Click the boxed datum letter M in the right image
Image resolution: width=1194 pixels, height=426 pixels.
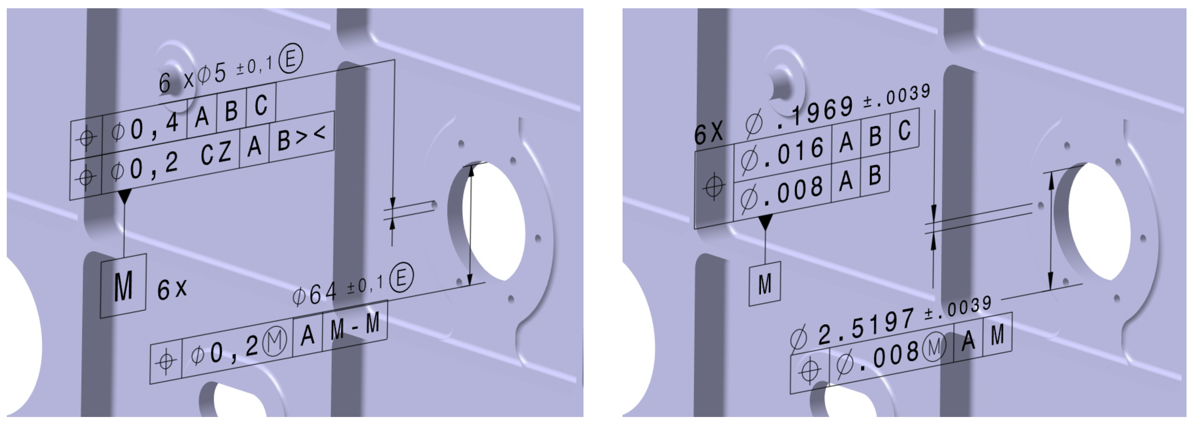pyautogui.click(x=765, y=284)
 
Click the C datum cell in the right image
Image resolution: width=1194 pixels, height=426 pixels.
pyautogui.click(x=905, y=131)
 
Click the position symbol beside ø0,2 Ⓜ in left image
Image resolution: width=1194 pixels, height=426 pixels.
pyautogui.click(x=166, y=361)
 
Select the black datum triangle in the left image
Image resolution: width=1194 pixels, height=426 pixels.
pyautogui.click(x=125, y=197)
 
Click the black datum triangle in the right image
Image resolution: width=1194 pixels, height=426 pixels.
pyautogui.click(x=765, y=222)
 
